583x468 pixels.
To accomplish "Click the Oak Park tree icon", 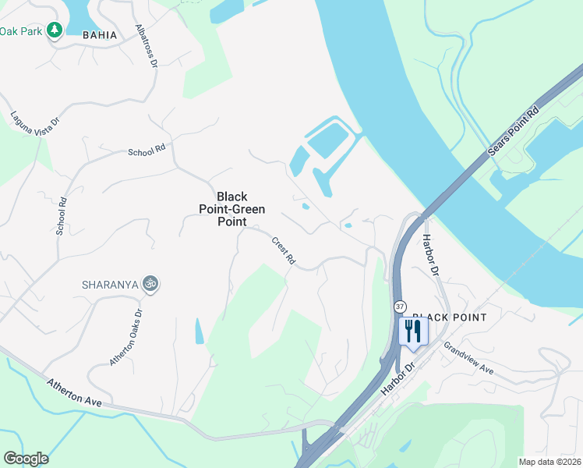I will [x=54, y=30].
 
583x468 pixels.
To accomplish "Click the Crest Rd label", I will [x=284, y=250].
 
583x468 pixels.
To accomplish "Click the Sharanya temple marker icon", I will [x=151, y=284].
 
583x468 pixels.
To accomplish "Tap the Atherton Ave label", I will [x=75, y=392].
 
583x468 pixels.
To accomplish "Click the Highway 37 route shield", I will [x=400, y=306].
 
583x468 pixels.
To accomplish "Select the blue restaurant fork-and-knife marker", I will [x=413, y=331].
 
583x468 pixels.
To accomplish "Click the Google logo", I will [x=26, y=459].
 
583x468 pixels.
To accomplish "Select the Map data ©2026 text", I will [x=549, y=462].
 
